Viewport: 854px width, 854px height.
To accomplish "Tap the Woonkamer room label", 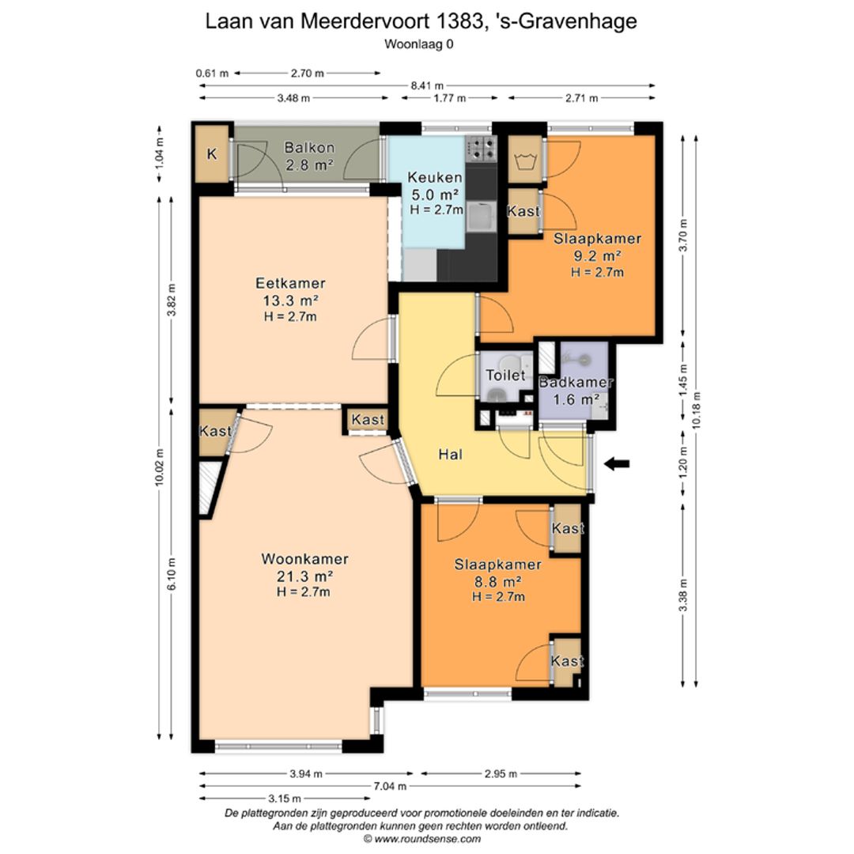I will click(304, 559).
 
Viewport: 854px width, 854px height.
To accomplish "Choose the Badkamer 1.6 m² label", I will click(576, 391).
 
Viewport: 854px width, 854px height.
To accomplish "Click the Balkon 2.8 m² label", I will click(309, 156).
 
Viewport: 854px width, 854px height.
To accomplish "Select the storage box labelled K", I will click(211, 154).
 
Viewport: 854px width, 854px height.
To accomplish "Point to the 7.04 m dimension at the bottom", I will click(390, 786).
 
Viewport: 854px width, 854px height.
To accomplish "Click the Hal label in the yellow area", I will click(450, 455).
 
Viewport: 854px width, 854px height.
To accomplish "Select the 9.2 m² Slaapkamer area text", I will click(597, 255).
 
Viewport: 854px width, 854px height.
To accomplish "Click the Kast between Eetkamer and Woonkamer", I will click(368, 420).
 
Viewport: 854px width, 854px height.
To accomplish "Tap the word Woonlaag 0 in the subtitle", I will click(419, 44).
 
